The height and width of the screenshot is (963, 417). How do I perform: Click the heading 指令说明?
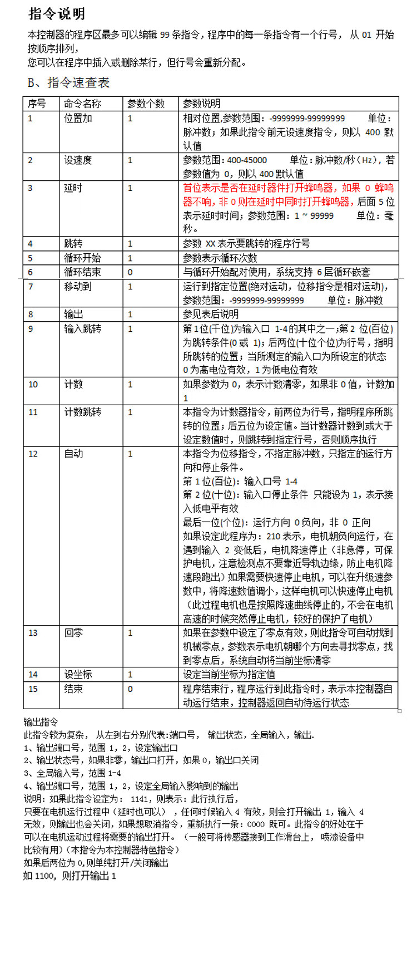57,14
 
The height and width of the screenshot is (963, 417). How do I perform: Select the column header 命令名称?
82,104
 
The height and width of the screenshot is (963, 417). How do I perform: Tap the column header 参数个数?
146,104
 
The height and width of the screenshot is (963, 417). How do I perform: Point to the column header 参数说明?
201,104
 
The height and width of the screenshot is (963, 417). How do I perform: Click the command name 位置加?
78,118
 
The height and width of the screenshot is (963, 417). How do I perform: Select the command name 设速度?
78,160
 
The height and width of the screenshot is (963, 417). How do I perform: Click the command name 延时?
73,188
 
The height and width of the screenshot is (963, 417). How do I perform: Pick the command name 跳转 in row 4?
73,243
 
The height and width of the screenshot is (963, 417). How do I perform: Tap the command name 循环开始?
82,258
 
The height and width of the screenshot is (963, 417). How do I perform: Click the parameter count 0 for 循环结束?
130,272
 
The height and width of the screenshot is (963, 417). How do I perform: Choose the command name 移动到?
78,286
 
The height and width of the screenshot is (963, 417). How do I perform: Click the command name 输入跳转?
82,328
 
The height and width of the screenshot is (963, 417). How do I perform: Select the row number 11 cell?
33,412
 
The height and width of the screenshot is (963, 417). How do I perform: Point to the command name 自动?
73,454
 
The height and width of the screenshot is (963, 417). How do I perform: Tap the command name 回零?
73,632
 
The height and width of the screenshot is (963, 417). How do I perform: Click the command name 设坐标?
78,674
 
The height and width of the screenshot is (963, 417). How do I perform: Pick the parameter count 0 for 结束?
130,689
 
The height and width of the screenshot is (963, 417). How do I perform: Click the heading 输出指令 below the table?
41,722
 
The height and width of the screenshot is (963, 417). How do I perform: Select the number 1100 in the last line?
45,876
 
